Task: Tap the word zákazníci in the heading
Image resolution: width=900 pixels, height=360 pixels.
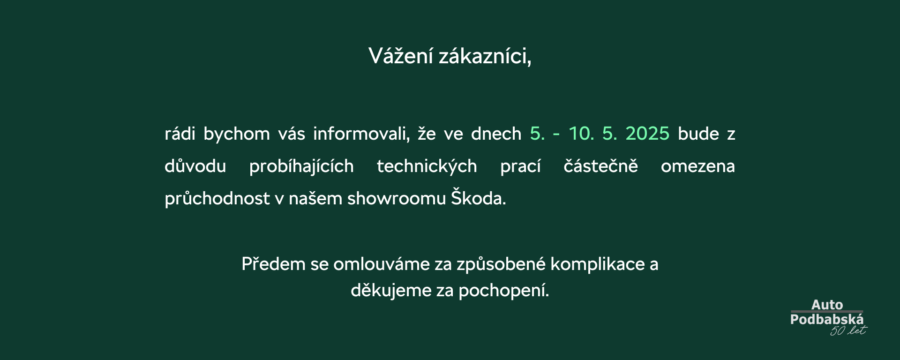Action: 485,56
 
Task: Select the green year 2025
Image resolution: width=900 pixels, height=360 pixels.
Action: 647,134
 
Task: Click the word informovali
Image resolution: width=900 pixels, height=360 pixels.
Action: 361,134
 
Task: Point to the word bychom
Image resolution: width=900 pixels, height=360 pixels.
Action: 237,134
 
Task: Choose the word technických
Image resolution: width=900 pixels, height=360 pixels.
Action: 427,166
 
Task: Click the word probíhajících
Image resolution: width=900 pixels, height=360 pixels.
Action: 301,166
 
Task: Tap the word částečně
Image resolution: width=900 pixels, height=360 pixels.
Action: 600,166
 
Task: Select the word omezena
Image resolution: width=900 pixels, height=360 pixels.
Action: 698,166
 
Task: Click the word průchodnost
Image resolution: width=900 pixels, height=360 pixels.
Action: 217,198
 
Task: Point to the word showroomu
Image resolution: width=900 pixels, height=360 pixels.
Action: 397,198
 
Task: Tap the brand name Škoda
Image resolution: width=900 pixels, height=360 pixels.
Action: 479,197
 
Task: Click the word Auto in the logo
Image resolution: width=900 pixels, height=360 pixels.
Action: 827,305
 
